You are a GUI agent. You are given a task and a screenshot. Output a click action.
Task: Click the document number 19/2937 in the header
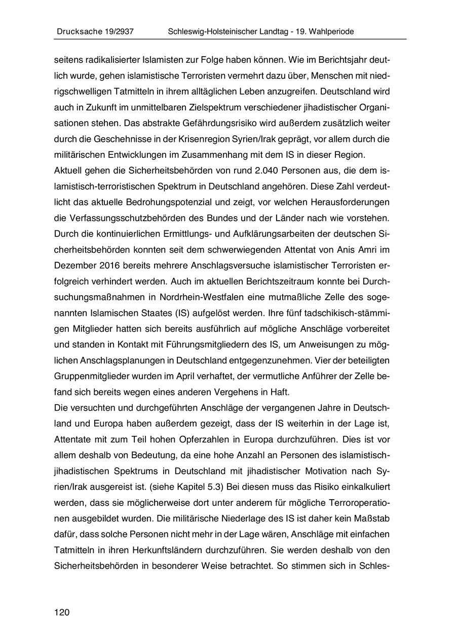pos(117,31)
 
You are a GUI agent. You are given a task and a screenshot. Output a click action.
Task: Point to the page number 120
pos(62,613)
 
